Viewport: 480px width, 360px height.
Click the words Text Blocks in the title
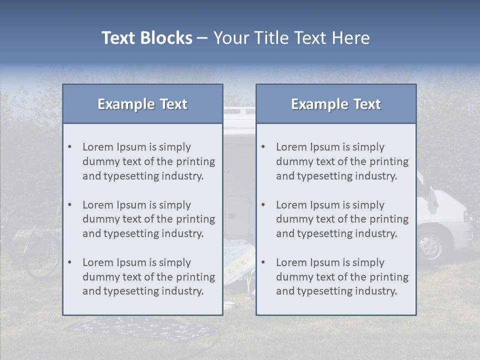tap(146, 38)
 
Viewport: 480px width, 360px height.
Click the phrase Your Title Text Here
tap(291, 38)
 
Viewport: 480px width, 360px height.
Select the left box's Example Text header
tap(142, 104)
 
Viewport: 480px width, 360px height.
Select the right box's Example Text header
tap(336, 104)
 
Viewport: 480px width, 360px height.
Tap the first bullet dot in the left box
tap(69, 147)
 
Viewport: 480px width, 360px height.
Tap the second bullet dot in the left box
tap(69, 205)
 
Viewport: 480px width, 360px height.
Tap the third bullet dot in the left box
tap(69, 262)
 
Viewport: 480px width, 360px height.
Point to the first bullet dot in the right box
tap(263, 147)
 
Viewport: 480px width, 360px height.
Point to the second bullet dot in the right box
tap(263, 205)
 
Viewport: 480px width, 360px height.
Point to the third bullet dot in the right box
tap(263, 262)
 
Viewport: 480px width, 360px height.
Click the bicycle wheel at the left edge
tap(42, 260)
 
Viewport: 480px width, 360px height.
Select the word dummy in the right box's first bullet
tap(293, 161)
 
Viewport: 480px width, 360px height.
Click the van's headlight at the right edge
tap(468, 216)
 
